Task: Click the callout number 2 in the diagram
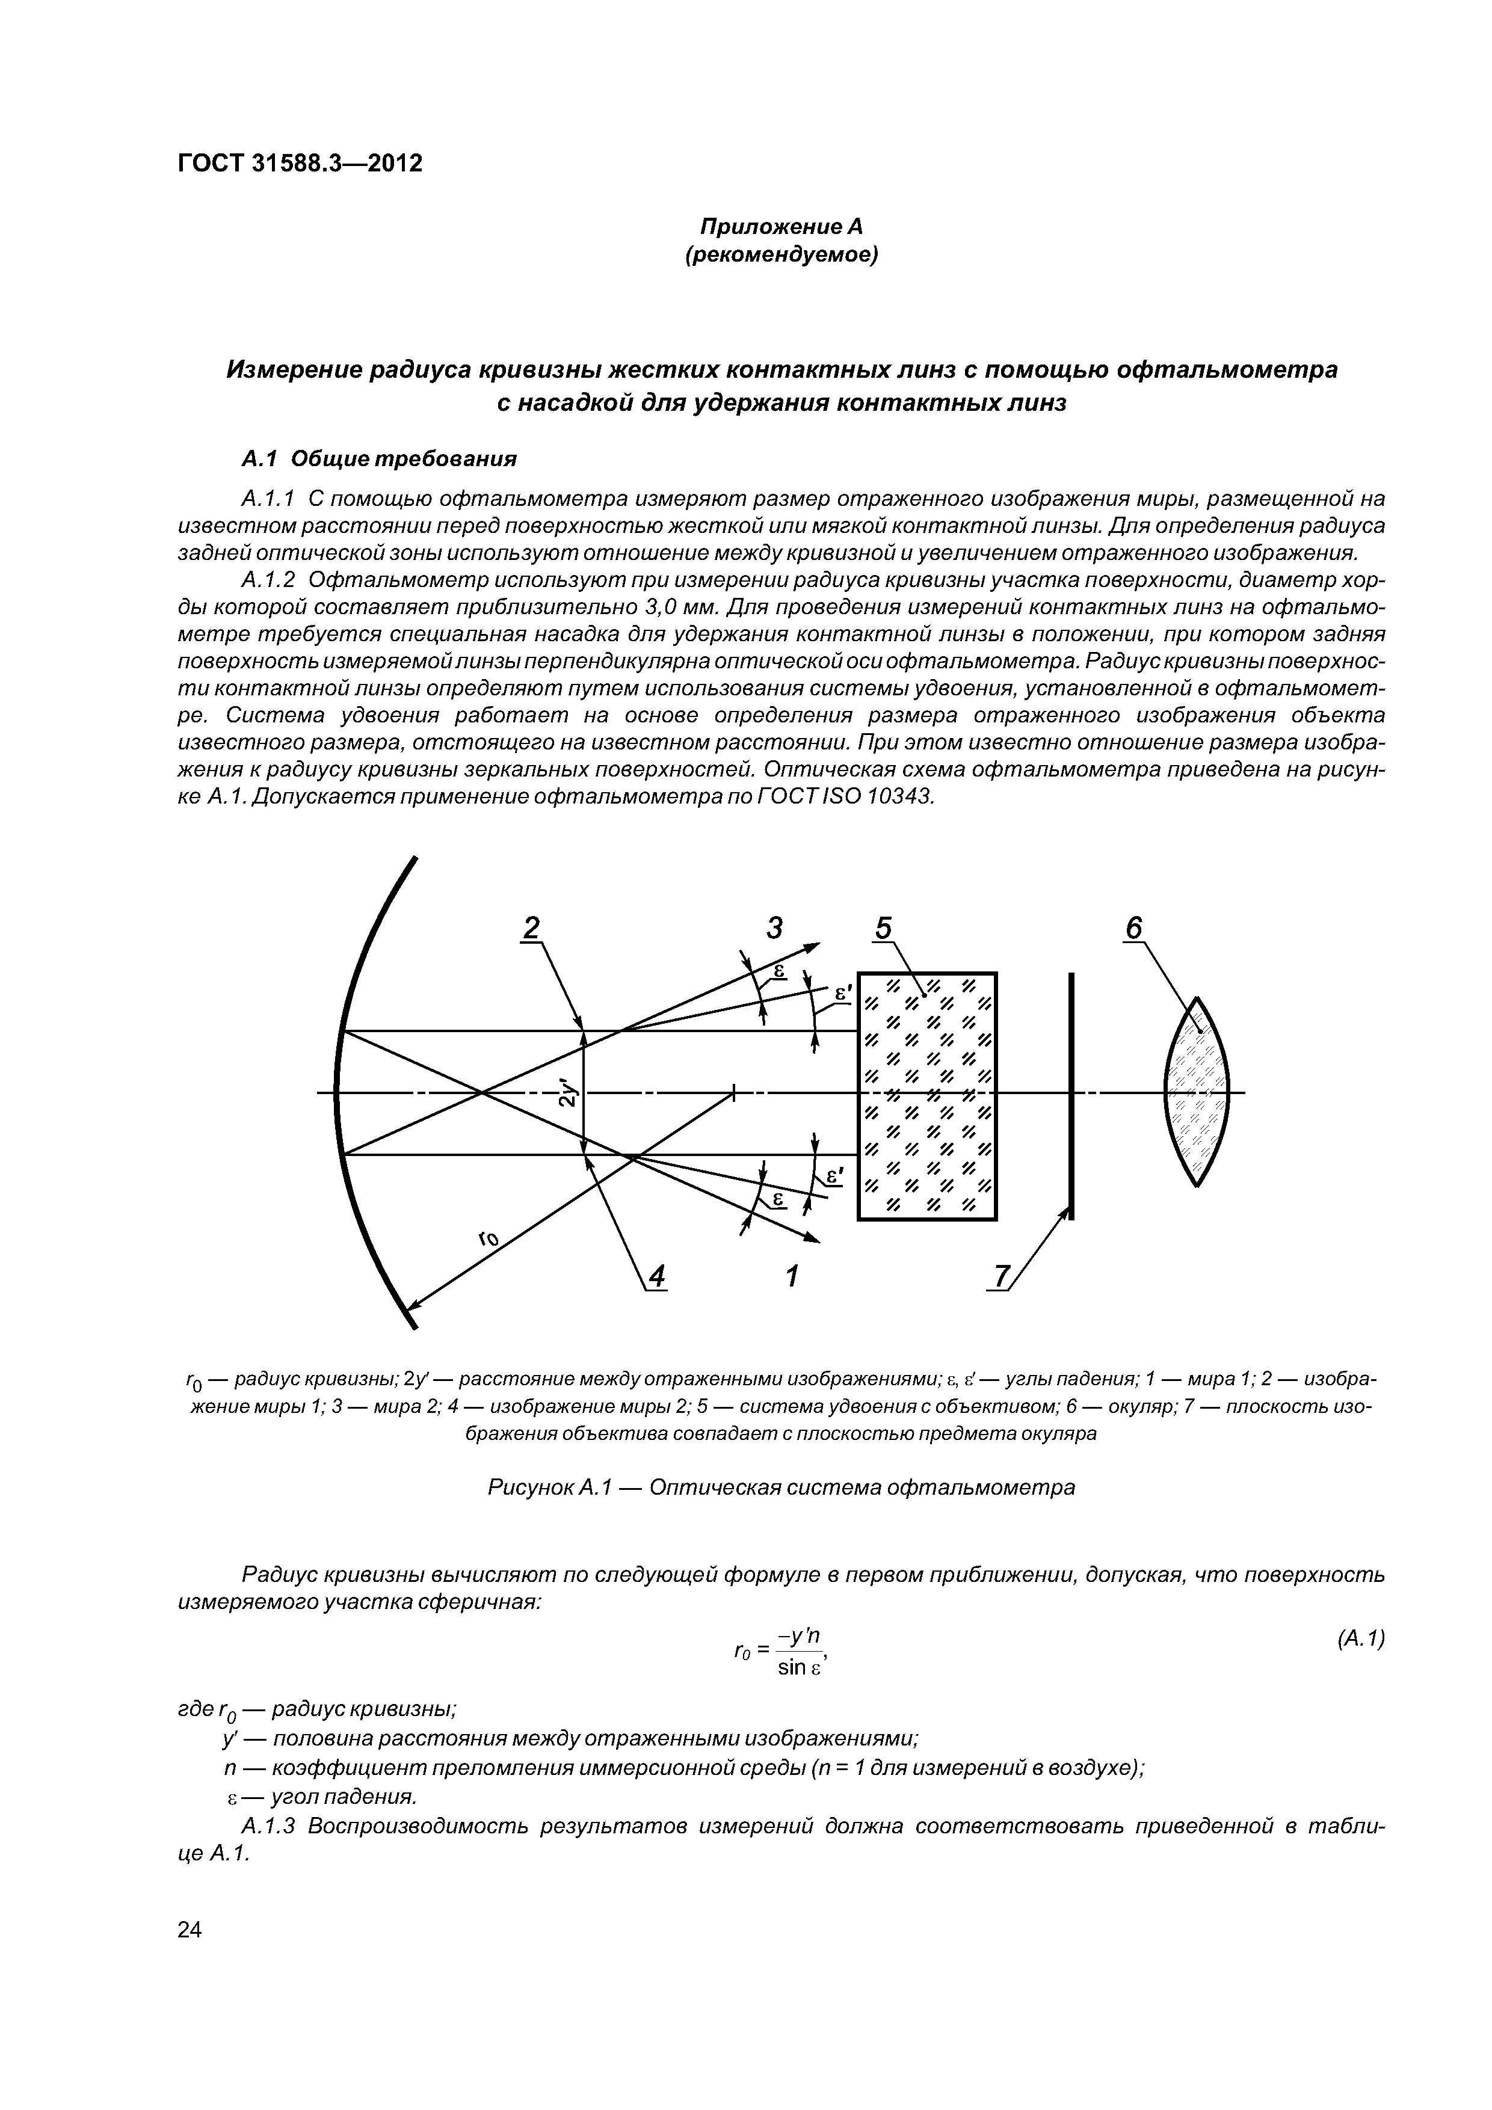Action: [531, 929]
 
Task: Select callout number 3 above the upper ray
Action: [775, 929]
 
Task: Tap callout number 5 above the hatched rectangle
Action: [883, 929]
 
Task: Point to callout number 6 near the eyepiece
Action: [1133, 929]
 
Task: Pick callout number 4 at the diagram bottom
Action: [656, 1276]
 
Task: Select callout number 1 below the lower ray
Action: [792, 1276]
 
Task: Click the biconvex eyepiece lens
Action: [1197, 1092]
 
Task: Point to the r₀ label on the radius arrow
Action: [488, 1241]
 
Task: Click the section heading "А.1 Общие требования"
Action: [379, 458]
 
